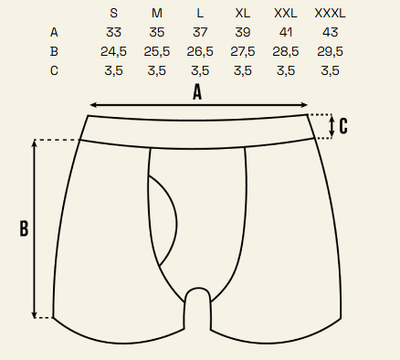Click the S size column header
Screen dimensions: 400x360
[x=113, y=14]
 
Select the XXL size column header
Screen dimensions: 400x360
[x=286, y=14]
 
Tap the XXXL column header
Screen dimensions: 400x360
[x=330, y=14]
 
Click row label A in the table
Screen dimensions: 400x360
[x=54, y=32]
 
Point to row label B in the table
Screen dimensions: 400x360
[x=54, y=51]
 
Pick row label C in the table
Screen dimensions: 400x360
[x=54, y=70]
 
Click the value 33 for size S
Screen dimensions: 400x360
[x=113, y=32]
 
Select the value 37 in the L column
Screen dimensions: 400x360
[x=200, y=32]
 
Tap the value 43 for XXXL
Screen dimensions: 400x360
[x=330, y=32]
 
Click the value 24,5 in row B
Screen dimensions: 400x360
[x=113, y=51]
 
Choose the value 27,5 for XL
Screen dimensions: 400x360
[x=243, y=51]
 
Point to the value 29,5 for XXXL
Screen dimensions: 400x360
[x=330, y=51]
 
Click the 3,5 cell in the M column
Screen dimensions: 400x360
[x=157, y=70]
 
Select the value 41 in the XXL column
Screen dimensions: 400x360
[x=286, y=32]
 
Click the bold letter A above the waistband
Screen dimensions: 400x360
[x=197, y=92]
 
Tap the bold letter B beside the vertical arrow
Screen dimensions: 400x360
[x=24, y=228]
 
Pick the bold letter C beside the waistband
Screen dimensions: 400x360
[x=343, y=126]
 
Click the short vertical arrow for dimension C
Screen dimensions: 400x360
[x=332, y=126]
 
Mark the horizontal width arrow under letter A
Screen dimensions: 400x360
[x=199, y=105]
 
